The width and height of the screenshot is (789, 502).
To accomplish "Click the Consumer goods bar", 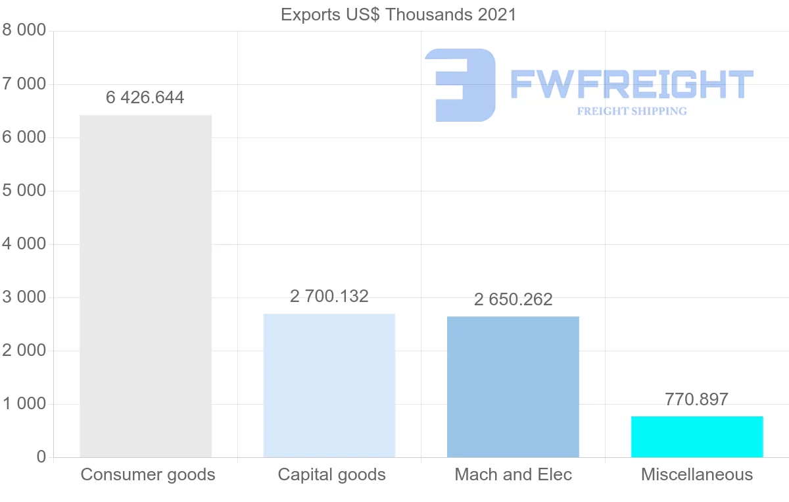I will point(145,286).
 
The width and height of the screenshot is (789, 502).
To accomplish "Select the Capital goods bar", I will point(329,386).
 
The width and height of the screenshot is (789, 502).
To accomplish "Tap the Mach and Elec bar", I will point(513,387).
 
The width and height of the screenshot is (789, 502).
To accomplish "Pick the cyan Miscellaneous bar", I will point(697,437).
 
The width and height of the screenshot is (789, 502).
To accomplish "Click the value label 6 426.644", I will point(145,98).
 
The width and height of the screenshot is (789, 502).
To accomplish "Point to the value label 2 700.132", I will point(329,296).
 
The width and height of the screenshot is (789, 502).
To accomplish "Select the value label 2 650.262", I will point(513,299).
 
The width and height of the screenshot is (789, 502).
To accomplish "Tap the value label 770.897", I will point(697,399).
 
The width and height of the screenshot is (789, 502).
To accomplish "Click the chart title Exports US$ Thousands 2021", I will point(398,14).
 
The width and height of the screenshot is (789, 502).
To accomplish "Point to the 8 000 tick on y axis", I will point(24,31).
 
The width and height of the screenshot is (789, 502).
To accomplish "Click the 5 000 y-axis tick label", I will point(24,191).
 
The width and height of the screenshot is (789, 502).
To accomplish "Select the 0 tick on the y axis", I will point(41,457).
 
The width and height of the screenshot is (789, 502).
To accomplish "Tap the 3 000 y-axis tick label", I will point(24,297).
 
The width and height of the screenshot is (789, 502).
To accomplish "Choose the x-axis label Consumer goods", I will point(148,474).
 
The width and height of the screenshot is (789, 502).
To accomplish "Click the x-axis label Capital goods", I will point(331,474).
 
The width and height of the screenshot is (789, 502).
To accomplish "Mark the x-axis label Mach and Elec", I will point(513,474).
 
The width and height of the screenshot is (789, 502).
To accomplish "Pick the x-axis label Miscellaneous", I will point(697,474).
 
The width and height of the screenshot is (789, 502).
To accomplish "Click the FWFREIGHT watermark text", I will point(631,85).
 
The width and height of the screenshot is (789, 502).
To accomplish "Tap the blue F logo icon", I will point(460,85).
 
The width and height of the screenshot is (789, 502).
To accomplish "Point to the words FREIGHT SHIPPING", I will point(631,111).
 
